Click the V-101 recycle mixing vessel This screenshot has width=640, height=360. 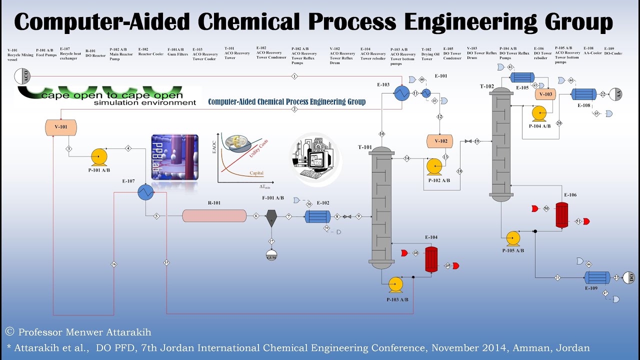coord(61,127)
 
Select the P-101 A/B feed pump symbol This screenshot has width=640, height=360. coord(98,157)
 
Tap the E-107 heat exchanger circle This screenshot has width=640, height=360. coord(145,192)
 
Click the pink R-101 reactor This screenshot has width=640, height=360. coord(214,215)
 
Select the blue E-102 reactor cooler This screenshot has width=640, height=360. coord(317,216)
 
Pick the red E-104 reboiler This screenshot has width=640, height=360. coord(431,259)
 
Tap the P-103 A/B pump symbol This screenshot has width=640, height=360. coord(395,284)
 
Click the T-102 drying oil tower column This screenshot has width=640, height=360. coord(501,142)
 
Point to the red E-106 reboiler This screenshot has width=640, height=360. coord(562,215)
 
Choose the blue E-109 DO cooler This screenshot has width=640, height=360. coord(597,277)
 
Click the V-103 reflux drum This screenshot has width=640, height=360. coord(545,94)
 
